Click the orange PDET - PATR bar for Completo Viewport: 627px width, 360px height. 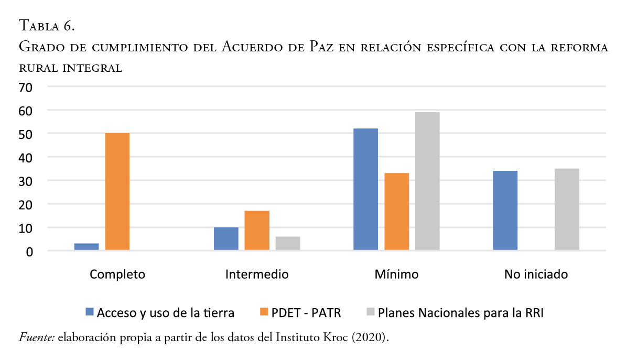coord(117,191)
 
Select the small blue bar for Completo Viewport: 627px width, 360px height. coord(87,247)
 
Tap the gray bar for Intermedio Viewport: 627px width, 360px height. coord(288,244)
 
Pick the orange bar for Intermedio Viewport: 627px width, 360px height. coord(257,231)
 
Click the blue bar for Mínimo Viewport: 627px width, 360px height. coord(365,189)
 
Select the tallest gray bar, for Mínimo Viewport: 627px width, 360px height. coord(427,181)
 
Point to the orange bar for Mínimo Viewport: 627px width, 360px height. coord(396,212)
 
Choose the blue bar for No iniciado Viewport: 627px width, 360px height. coord(505,211)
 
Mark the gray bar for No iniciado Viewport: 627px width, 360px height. coord(567,210)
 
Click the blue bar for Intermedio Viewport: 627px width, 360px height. coord(226,239)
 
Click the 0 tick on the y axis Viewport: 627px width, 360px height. coord(29,252)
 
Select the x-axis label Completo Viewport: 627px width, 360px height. coord(117,274)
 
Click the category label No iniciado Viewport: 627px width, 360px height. coord(536,274)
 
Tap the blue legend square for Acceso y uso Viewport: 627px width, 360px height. coord(89,313)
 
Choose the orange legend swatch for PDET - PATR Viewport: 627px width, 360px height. coord(264,313)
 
